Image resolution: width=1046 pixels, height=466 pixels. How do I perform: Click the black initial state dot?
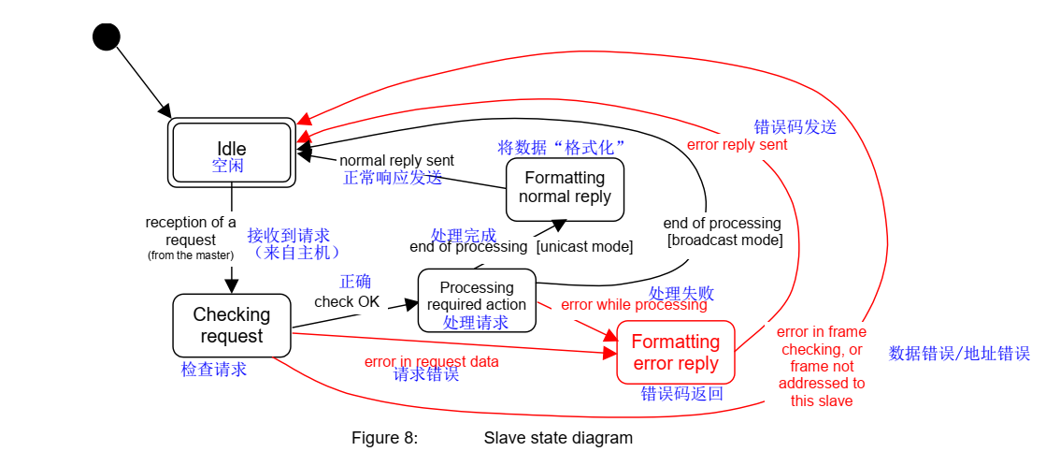tap(107, 36)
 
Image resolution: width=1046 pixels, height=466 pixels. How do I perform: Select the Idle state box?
tap(231, 152)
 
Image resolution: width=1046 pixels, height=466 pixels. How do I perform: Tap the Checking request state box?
tap(231, 326)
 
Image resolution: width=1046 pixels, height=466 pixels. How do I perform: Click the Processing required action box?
tap(477, 300)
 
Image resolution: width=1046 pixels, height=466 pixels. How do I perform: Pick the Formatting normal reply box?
tap(565, 188)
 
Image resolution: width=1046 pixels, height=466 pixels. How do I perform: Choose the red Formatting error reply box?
tap(675, 352)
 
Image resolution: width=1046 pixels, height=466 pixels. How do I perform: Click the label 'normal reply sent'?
tap(396, 161)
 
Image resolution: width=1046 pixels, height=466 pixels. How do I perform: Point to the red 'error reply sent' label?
tap(737, 145)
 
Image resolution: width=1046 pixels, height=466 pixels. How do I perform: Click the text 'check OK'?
tap(347, 301)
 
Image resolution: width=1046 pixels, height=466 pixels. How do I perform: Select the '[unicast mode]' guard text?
tap(584, 247)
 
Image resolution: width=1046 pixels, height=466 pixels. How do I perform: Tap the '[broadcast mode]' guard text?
tap(724, 240)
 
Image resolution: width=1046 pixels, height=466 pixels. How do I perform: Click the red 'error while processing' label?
tap(634, 305)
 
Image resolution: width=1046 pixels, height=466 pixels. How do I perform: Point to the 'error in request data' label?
tap(431, 361)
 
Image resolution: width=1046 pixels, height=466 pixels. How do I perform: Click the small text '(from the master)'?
tap(191, 255)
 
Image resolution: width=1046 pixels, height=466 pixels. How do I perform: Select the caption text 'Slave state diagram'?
tap(558, 438)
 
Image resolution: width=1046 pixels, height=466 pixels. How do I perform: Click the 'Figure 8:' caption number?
tap(384, 438)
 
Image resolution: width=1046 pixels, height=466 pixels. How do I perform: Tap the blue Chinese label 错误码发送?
tap(795, 127)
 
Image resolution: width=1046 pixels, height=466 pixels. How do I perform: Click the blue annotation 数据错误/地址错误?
tap(959, 354)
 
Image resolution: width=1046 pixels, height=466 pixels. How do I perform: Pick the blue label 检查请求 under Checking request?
tap(214, 370)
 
